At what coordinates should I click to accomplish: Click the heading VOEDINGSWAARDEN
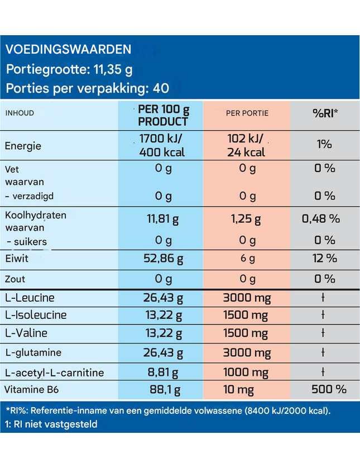tap(68, 49)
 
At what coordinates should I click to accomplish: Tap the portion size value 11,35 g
tap(113, 70)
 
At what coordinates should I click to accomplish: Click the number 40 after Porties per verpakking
tap(161, 88)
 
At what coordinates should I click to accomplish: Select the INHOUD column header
tap(20, 113)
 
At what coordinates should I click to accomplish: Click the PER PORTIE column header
tap(247, 113)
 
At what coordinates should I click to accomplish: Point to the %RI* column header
tap(325, 113)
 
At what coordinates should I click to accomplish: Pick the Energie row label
tap(23, 146)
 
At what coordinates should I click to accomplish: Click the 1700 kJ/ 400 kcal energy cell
tap(161, 145)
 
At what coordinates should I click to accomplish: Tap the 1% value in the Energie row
tap(324, 144)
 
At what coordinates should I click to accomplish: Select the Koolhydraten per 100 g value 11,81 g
tap(163, 219)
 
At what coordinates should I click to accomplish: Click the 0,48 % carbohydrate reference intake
tap(321, 219)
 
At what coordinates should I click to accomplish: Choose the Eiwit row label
tap(17, 258)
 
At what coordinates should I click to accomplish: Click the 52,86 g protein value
tap(164, 259)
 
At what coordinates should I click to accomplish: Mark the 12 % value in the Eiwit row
tap(325, 258)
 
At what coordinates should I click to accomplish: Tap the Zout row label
tap(15, 279)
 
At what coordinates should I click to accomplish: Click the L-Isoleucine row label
tap(36, 315)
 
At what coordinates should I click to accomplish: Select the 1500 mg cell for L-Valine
tap(246, 333)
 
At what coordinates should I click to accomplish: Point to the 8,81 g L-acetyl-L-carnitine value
tap(163, 373)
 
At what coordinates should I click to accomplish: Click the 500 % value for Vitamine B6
tap(329, 389)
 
